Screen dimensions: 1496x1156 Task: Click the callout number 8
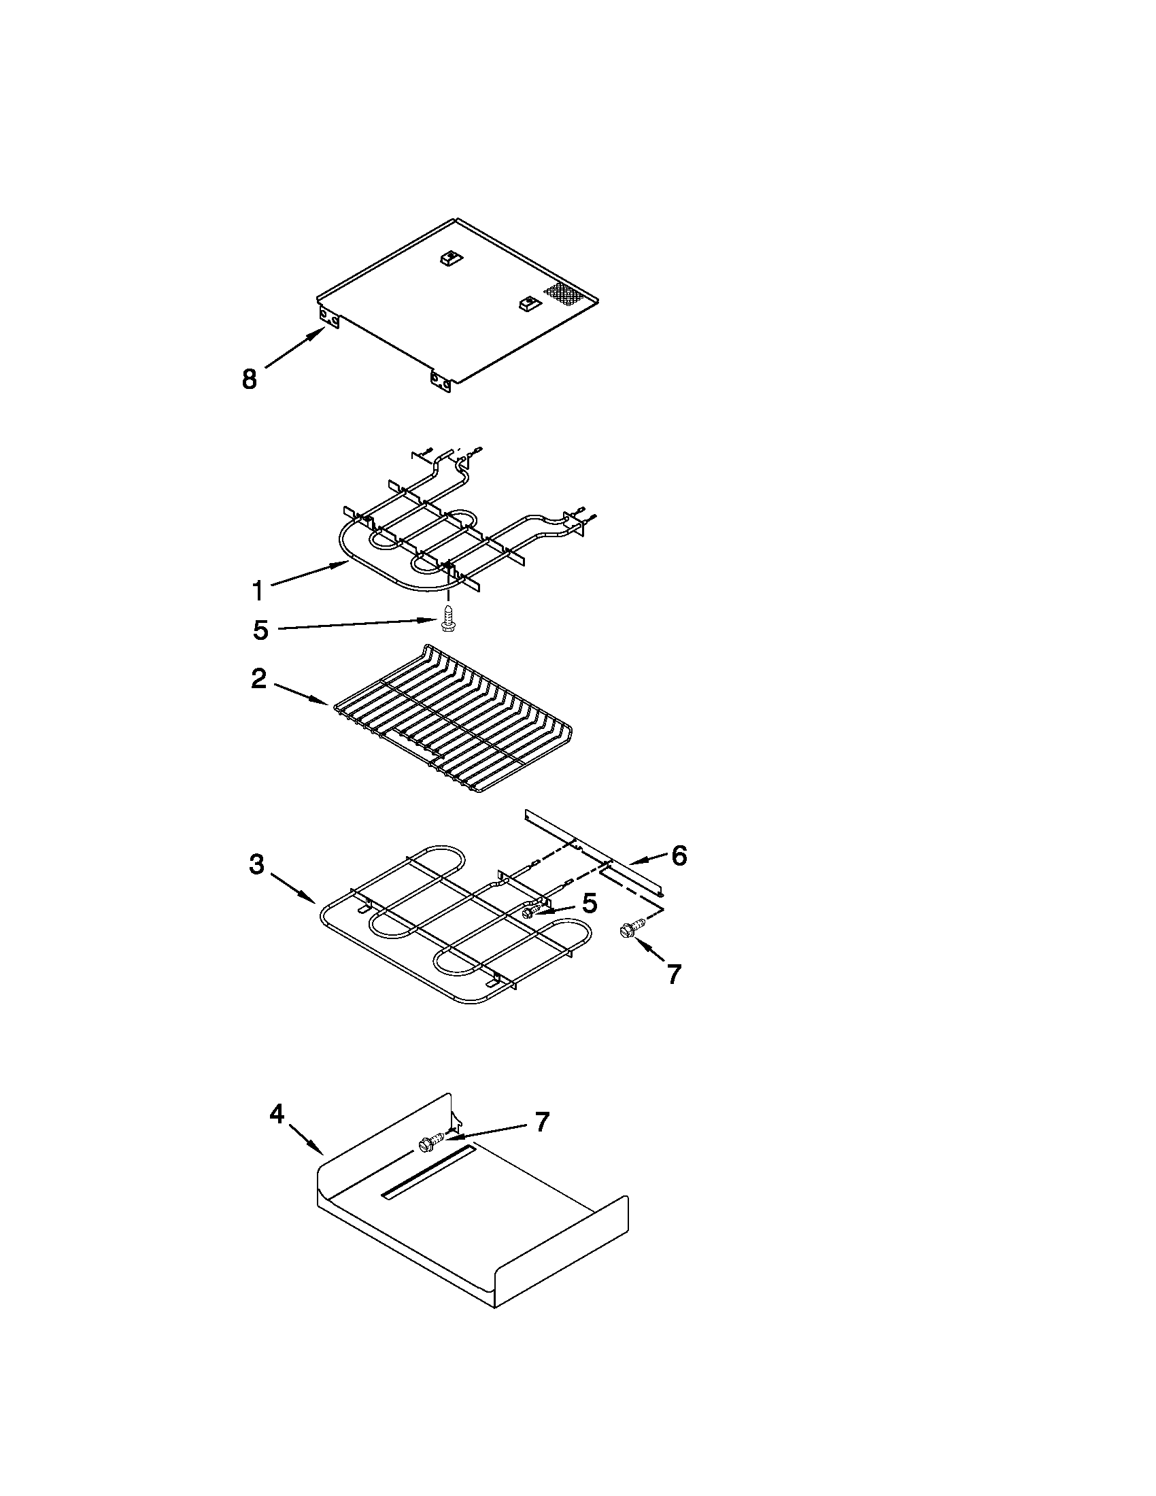[250, 379]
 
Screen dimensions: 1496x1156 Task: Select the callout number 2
[258, 679]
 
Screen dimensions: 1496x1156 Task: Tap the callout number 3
[256, 864]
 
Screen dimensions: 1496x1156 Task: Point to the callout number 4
[276, 1115]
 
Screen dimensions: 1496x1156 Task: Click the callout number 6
[679, 855]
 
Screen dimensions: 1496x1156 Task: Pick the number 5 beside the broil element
[260, 630]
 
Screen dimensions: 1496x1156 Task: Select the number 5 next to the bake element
[590, 904]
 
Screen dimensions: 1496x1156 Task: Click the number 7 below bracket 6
[674, 973]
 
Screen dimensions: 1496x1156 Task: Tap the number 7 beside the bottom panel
[542, 1122]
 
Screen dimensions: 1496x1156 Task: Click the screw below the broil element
[449, 619]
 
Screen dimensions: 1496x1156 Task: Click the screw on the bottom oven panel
[428, 1142]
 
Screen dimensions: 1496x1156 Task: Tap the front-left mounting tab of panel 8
[331, 318]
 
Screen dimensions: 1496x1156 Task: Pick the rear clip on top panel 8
[450, 258]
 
